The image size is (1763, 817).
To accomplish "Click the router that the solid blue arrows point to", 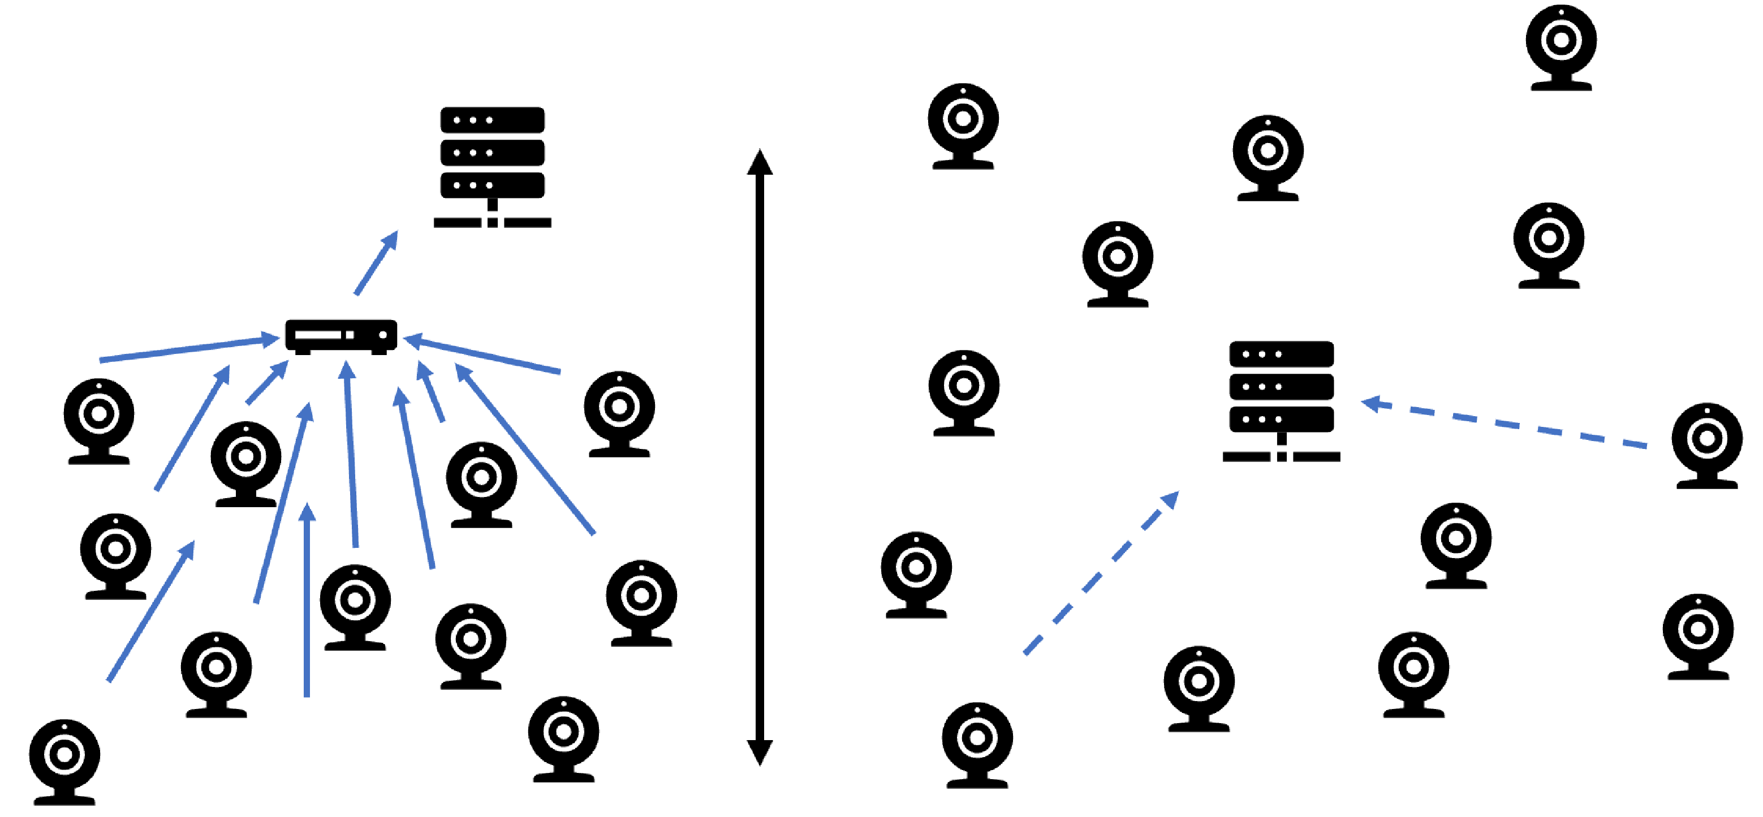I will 341,336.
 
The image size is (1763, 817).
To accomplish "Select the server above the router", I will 492,164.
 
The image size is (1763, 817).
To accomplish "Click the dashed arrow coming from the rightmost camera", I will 1506,424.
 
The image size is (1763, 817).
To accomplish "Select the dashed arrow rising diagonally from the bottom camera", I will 1102,572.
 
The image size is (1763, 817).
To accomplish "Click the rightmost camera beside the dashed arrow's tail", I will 1707,445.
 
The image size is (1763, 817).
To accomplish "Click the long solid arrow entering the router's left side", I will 188,349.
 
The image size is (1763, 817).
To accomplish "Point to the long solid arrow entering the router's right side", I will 482,355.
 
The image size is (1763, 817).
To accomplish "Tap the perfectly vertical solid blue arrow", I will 307,602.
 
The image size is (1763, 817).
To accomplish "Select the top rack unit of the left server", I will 492,120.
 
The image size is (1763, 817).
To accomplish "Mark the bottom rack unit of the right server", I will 1281,420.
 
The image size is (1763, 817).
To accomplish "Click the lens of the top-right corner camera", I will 1561,40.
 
